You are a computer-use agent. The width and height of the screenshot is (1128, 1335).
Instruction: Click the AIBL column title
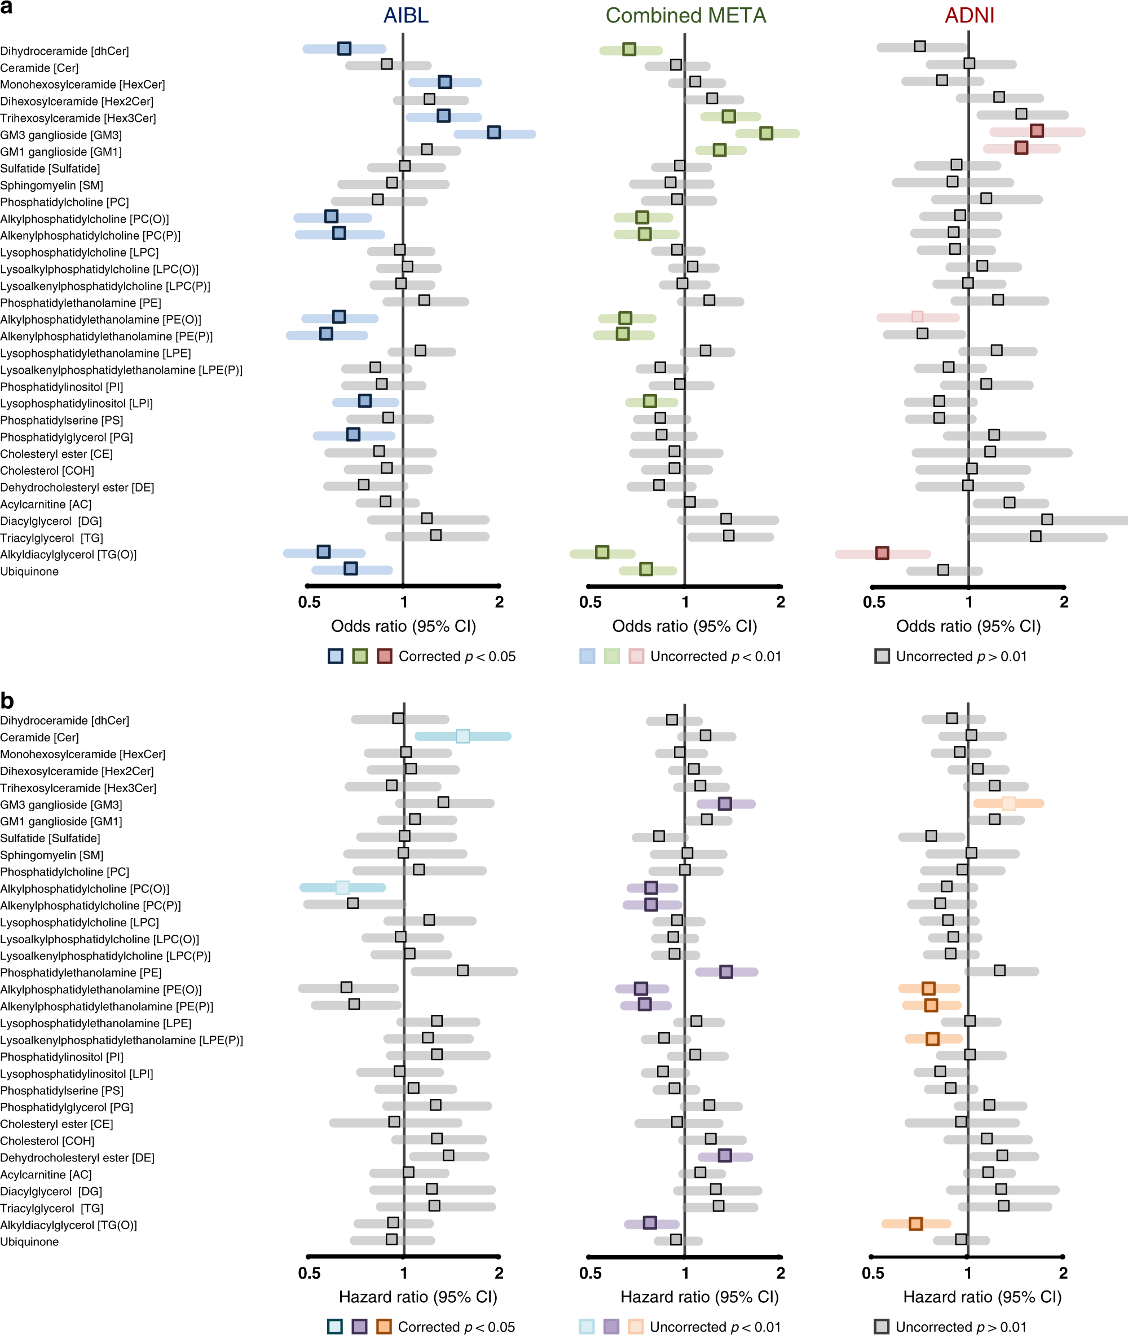point(406,15)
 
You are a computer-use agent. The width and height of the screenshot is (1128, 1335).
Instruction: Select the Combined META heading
point(685,15)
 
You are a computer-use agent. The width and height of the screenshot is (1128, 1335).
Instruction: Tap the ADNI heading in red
point(969,15)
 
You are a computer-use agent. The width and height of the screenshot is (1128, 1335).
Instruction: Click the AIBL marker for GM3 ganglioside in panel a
point(493,132)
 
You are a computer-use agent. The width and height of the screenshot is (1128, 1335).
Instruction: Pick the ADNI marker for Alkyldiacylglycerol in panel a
point(882,553)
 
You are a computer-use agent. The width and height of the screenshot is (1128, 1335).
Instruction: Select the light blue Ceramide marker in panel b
point(462,736)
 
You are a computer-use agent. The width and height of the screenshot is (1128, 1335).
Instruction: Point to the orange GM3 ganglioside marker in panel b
point(1008,803)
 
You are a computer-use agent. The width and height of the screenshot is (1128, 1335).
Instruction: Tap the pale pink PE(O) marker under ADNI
point(917,316)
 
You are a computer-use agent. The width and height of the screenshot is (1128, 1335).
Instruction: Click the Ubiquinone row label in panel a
point(29,571)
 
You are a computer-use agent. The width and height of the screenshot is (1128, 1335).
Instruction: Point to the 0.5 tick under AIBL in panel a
point(310,602)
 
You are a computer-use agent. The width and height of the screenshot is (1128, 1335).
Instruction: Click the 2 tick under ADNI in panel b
point(1063,1272)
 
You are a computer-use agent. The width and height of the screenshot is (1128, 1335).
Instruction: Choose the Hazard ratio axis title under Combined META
point(699,1297)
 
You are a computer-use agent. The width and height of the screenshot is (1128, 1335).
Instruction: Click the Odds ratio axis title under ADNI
point(968,626)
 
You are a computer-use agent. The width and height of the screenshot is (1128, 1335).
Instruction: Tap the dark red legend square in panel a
point(384,656)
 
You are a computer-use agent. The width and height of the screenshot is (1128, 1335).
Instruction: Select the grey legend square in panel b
point(881,1327)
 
